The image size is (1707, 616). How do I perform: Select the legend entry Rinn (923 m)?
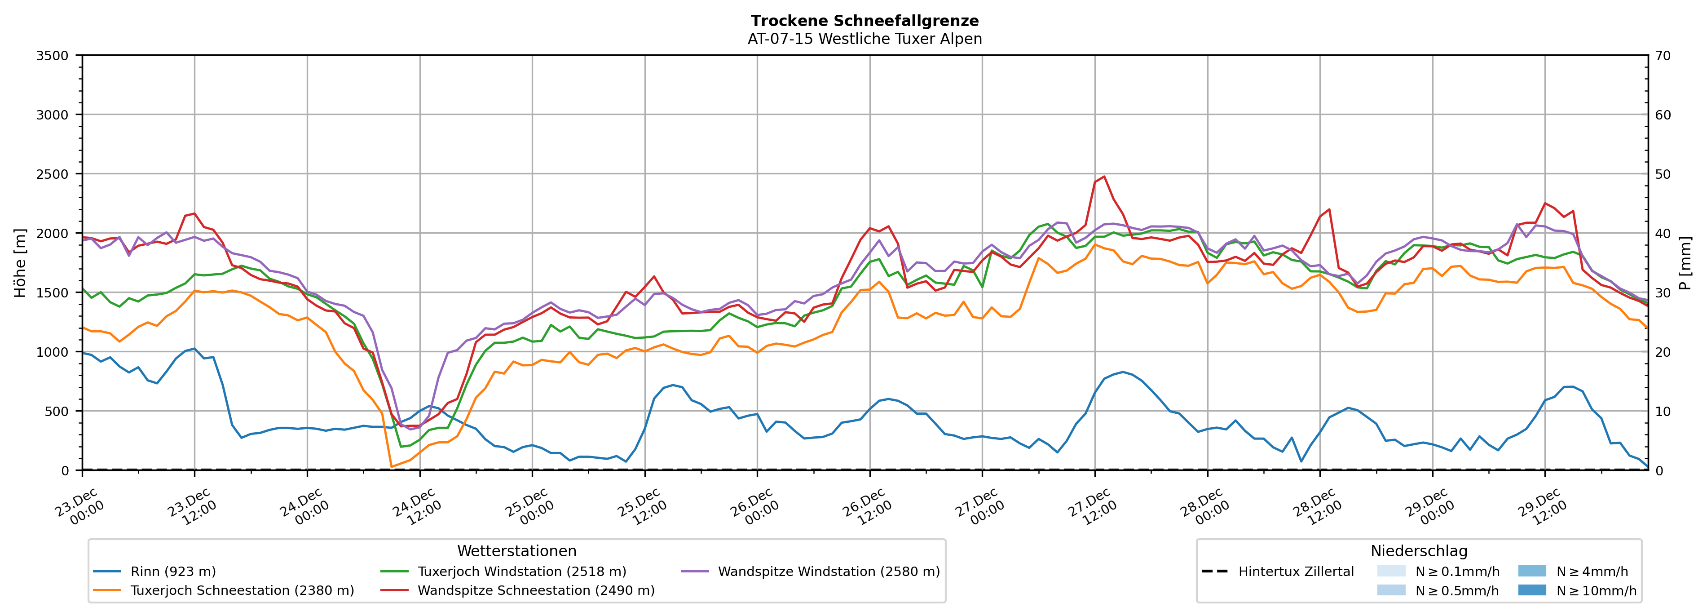[x=173, y=572]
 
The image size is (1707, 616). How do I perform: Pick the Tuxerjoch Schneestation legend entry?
[x=242, y=590]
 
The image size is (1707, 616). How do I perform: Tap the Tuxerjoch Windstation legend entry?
[x=521, y=572]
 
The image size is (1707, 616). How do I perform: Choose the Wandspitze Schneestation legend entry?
[x=535, y=590]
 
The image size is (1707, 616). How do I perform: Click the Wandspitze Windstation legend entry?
[x=828, y=572]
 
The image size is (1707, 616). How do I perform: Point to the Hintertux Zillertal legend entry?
[x=1296, y=572]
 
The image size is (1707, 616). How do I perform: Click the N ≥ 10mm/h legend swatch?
[x=1532, y=590]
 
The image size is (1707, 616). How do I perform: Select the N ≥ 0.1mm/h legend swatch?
[x=1391, y=572]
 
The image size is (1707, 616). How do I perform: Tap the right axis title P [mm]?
[x=1685, y=262]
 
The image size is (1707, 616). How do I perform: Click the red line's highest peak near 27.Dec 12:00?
[x=1104, y=177]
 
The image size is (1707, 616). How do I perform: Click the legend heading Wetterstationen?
[x=517, y=551]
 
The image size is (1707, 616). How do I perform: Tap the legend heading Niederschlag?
[x=1419, y=551]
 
